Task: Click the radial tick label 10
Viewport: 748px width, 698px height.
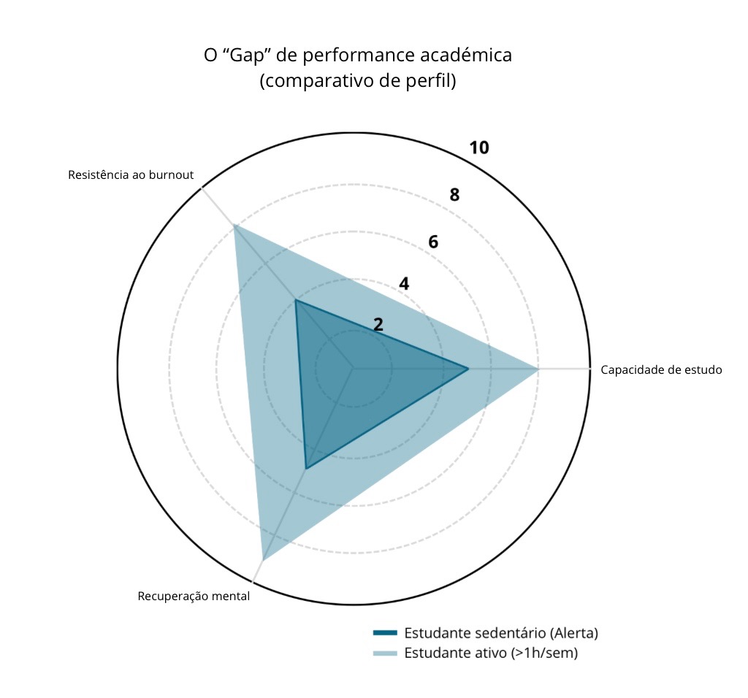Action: pyautogui.click(x=479, y=147)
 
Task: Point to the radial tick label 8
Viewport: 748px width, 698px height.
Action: pyautogui.click(x=455, y=195)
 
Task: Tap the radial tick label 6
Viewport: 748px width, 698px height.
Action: pyautogui.click(x=433, y=242)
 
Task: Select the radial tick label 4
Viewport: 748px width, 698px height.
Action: pyautogui.click(x=404, y=283)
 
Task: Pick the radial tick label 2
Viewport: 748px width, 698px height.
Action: pyautogui.click(x=378, y=325)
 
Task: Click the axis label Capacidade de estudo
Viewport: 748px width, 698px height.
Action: pyautogui.click(x=661, y=369)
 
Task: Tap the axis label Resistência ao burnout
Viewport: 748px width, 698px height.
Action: pyautogui.click(x=131, y=174)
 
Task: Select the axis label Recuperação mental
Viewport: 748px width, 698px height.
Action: pyautogui.click(x=194, y=596)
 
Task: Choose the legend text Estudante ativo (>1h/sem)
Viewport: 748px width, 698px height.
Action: pyautogui.click(x=491, y=653)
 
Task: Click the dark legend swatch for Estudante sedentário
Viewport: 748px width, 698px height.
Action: pyautogui.click(x=385, y=632)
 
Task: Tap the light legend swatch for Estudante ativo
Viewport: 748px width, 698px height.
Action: pyautogui.click(x=385, y=653)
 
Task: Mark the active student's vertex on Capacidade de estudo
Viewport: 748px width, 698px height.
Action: pyautogui.click(x=538, y=369)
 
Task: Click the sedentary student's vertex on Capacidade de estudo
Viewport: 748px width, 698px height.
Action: pyautogui.click(x=468, y=369)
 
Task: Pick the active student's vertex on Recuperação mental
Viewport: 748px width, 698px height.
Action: pyautogui.click(x=262, y=559)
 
